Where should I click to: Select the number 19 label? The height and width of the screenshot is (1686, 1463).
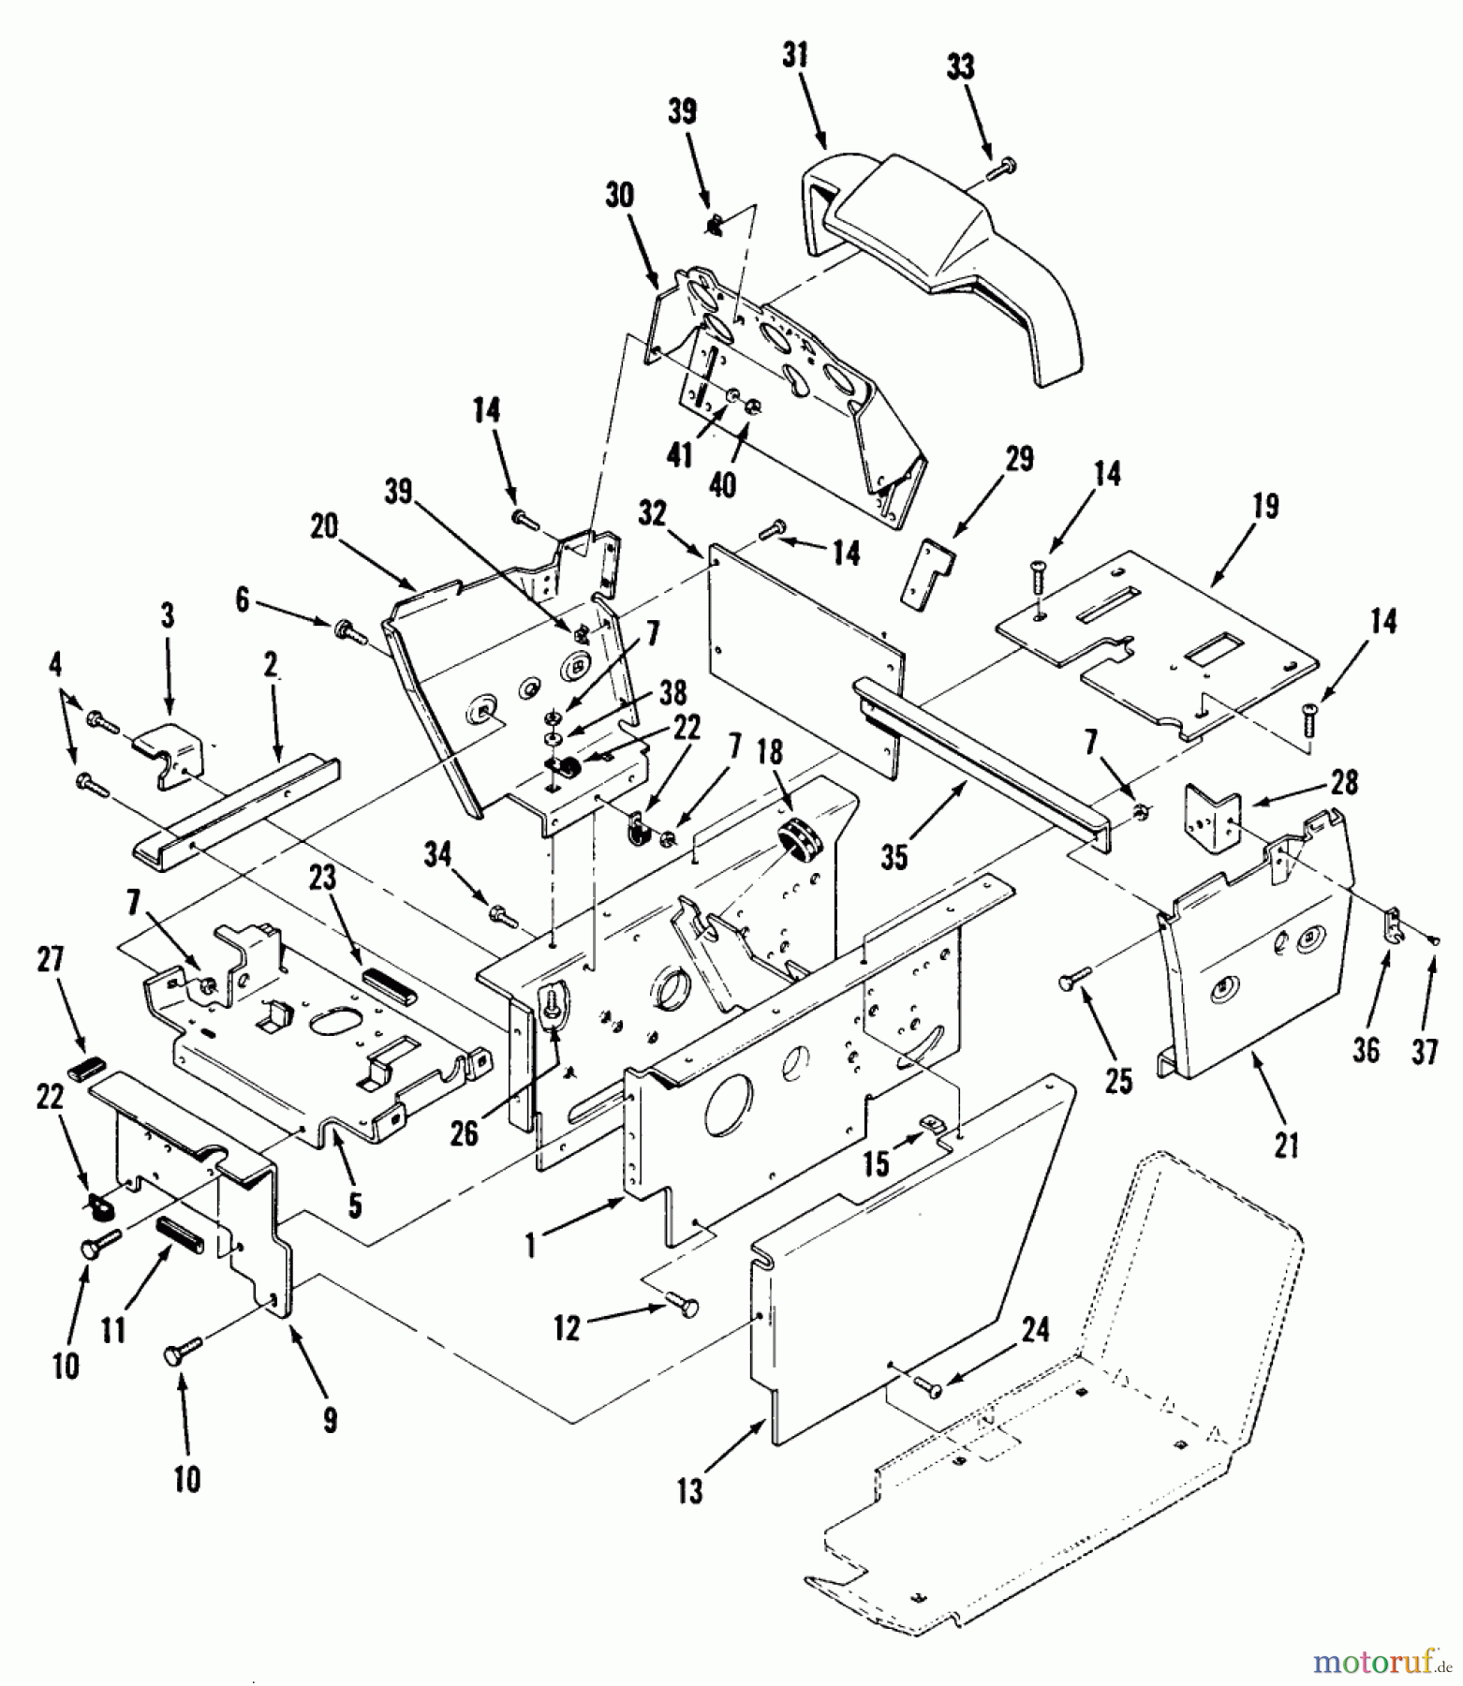tap(1264, 507)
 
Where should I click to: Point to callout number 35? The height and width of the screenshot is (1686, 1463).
tap(894, 856)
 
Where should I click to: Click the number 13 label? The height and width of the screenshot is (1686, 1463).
tap(689, 1490)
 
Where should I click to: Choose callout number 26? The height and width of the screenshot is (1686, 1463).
tap(464, 1134)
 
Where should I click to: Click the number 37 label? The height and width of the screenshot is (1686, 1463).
tap(1424, 1050)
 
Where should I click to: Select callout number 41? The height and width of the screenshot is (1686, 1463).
tap(680, 455)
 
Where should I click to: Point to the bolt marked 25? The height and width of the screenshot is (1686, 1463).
tap(1074, 981)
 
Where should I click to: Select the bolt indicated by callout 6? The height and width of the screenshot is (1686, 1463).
tap(348, 629)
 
